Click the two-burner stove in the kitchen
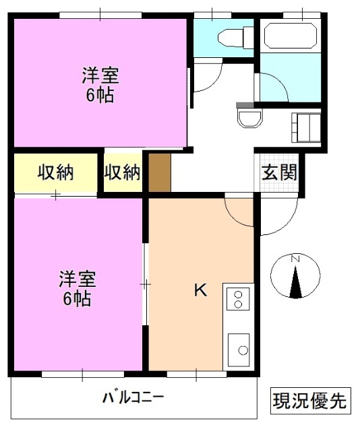point(238,298)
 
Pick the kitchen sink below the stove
point(239,347)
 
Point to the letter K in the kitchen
point(200,290)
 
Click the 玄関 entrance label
point(279,173)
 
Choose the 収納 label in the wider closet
point(55,172)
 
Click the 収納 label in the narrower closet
point(122,172)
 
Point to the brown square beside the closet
point(160,173)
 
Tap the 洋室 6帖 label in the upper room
point(98,84)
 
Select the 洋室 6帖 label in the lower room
point(78,288)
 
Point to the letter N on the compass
point(295,259)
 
